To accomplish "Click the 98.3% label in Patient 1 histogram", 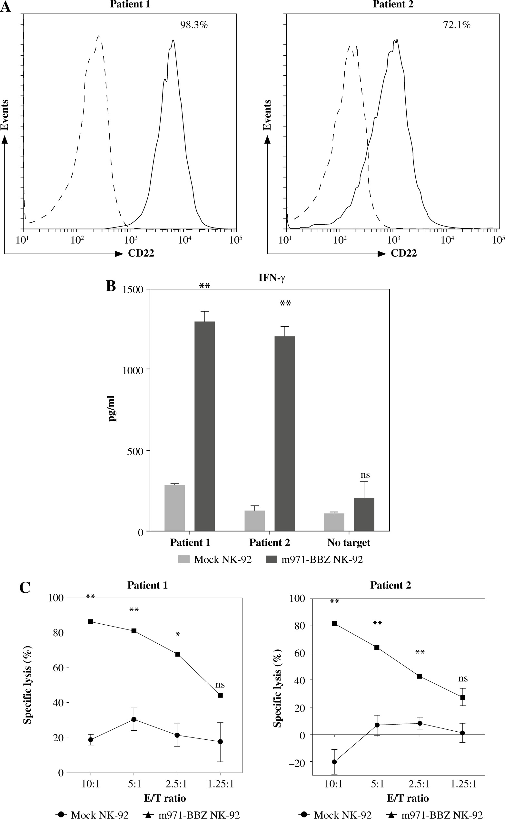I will click(194, 25).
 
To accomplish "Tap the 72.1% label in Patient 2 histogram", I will click(457, 25).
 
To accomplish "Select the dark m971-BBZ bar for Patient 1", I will click(204, 426).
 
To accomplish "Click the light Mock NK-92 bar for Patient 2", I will click(254, 521).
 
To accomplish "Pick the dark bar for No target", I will click(364, 514).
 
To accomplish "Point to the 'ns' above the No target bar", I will click(365, 475).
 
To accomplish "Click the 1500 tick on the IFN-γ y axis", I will click(133, 290).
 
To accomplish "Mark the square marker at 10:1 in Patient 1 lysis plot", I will click(91, 622).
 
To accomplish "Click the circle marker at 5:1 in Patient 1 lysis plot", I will click(134, 719).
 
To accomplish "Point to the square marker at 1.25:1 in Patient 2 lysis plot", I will click(462, 697).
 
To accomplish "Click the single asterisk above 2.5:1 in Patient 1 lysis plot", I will click(178, 634).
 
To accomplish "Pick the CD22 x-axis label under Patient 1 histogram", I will click(141, 253).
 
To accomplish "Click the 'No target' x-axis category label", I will click(349, 542).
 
